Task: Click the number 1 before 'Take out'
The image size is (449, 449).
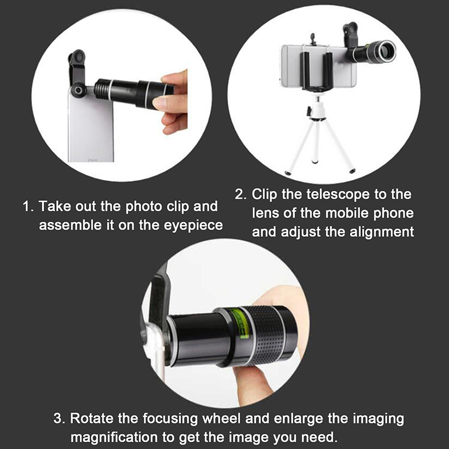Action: pyautogui.click(x=26, y=207)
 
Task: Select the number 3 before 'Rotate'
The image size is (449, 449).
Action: pyautogui.click(x=58, y=419)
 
